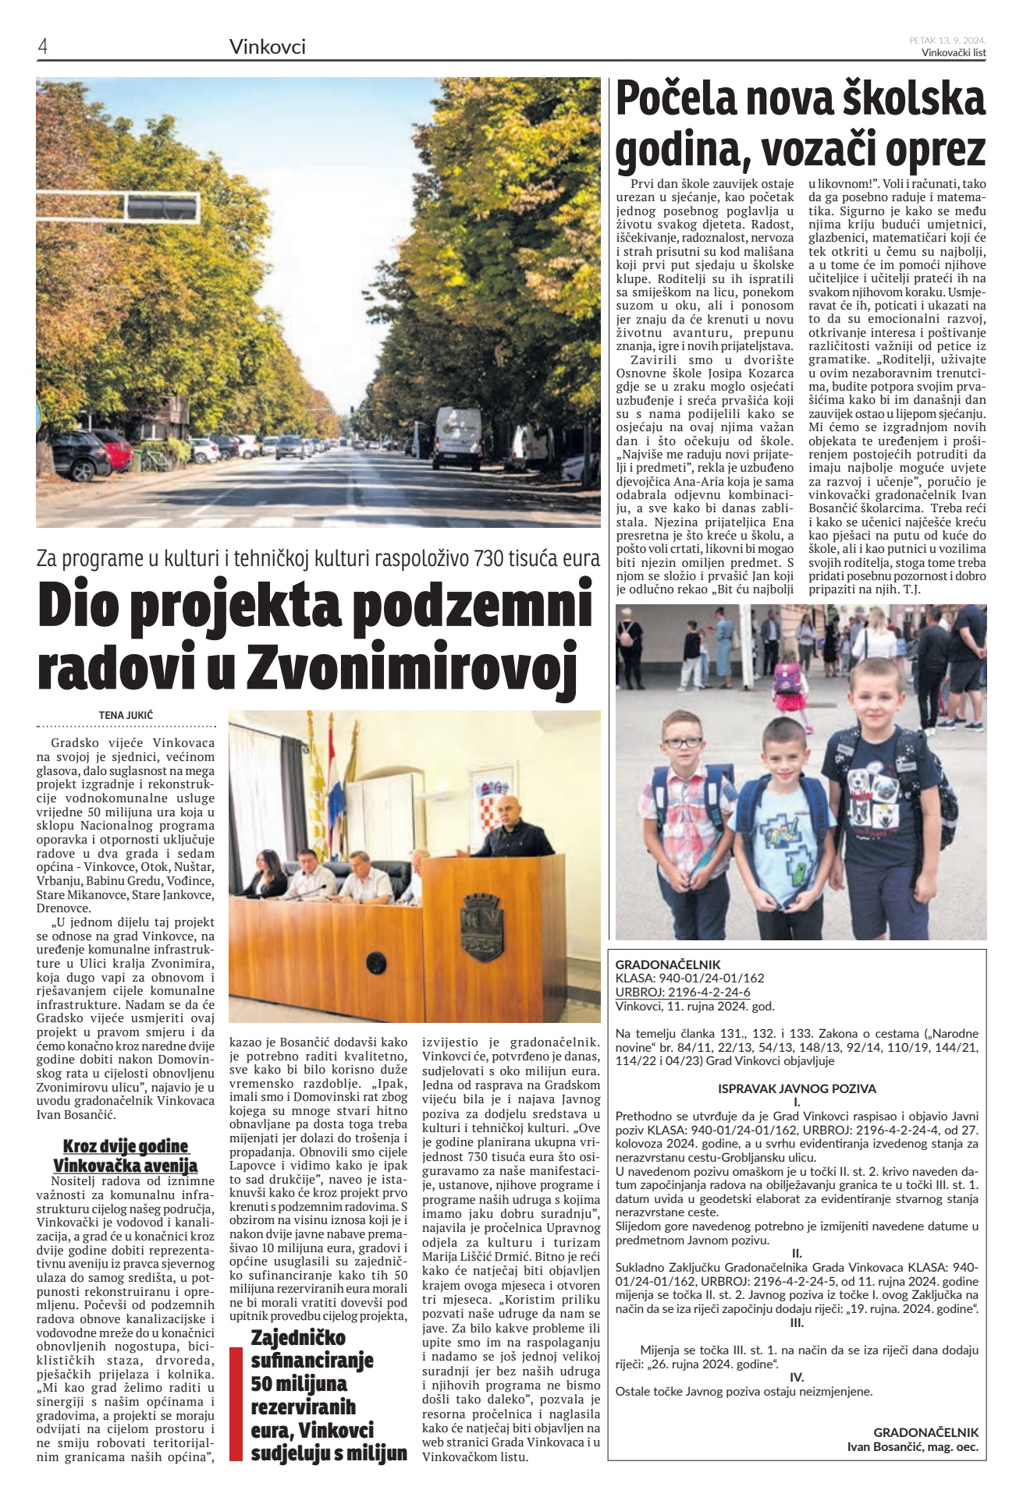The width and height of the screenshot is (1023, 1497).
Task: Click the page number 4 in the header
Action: click(43, 47)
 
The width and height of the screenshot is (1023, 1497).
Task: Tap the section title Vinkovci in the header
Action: click(267, 48)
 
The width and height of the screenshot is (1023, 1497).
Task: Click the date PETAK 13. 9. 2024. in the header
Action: click(947, 41)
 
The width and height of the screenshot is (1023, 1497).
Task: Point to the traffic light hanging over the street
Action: click(162, 207)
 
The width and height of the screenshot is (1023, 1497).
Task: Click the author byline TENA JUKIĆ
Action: click(126, 713)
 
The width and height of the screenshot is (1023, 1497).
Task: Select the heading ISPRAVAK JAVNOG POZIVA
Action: click(797, 1088)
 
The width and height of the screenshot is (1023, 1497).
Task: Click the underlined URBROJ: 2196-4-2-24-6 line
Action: click(683, 992)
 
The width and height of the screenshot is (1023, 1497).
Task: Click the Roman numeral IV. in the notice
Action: click(797, 1377)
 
